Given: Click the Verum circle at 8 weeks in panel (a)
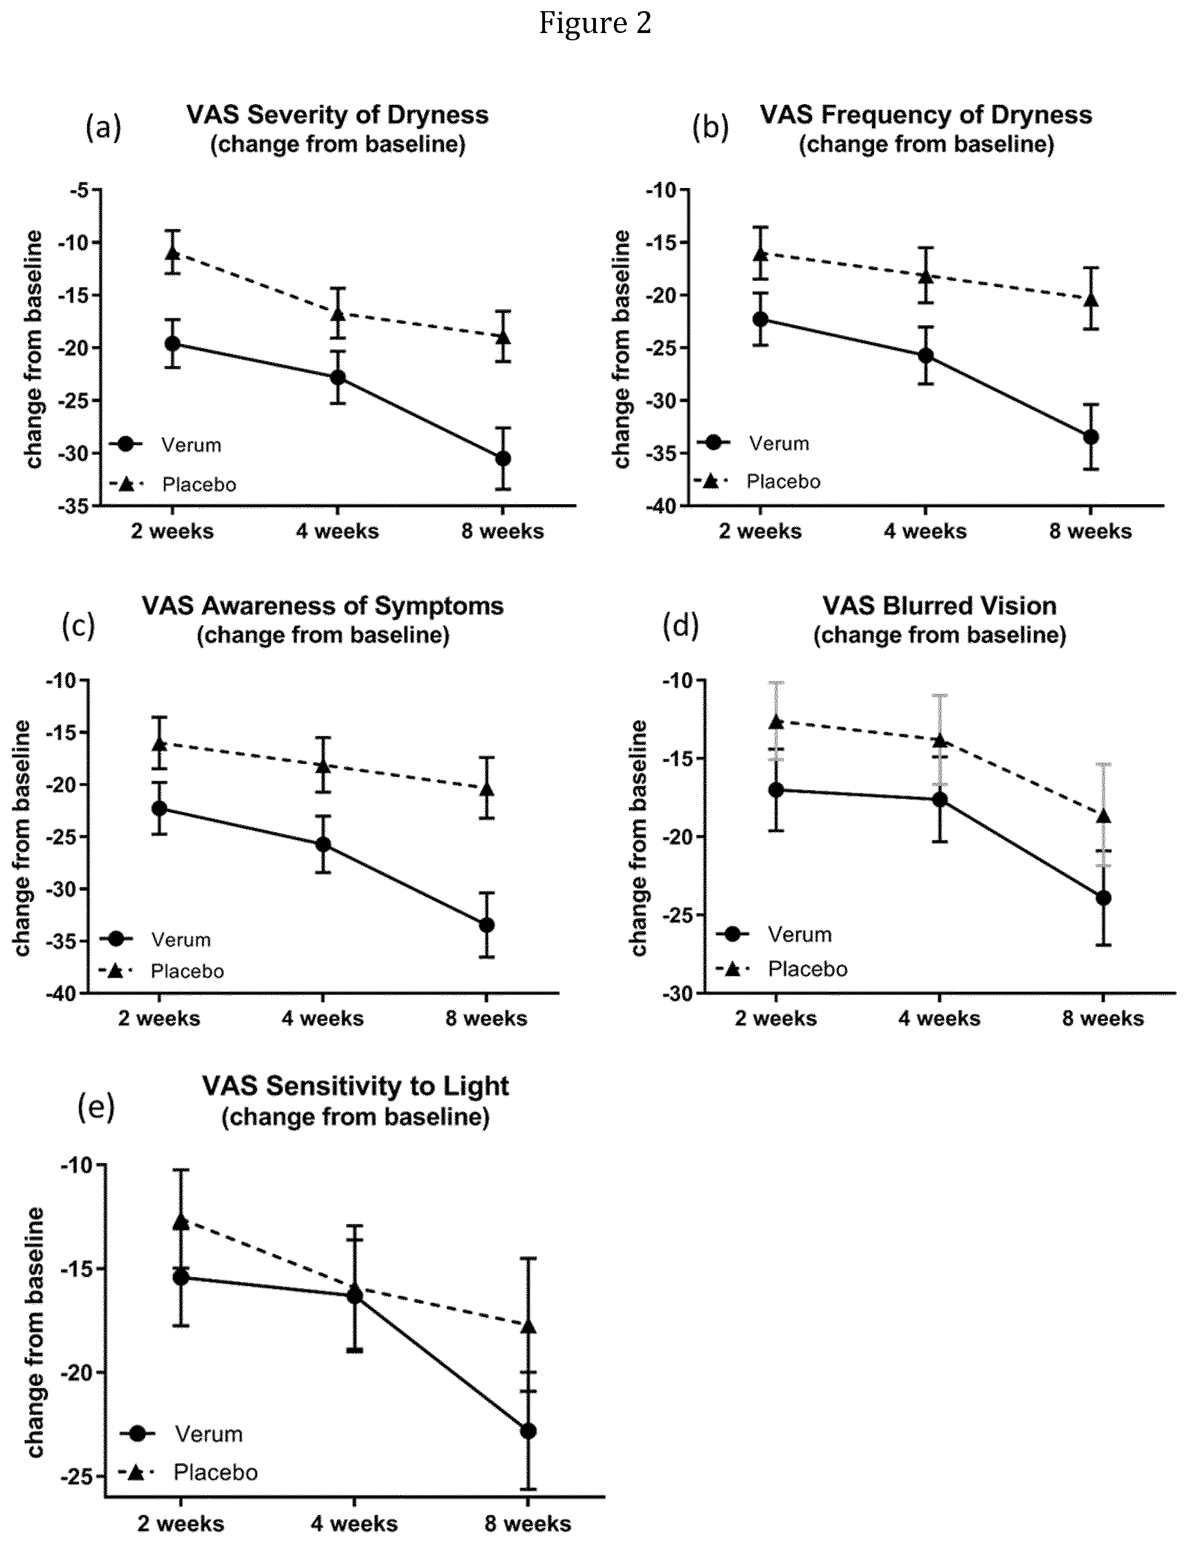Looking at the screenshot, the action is [503, 458].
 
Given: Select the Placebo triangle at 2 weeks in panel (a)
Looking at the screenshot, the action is [172, 252].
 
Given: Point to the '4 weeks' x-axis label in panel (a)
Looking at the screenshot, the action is [337, 531].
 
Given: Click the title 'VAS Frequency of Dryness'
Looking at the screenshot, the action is [926, 115].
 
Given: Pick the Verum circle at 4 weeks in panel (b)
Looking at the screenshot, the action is [925, 355].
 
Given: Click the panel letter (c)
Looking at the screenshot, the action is [78, 626].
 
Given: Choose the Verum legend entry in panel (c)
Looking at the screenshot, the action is [156, 940].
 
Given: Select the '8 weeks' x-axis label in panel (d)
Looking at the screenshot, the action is [1102, 1018].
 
